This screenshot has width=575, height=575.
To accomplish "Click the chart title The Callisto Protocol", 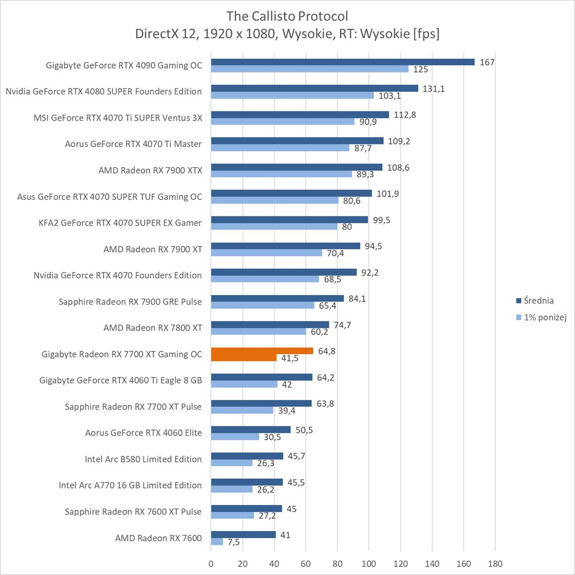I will click(x=287, y=16).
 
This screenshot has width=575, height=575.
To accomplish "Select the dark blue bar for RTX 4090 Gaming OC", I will click(x=342, y=62).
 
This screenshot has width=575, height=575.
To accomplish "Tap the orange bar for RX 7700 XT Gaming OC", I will click(x=262, y=351).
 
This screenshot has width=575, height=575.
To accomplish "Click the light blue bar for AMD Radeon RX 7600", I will click(x=217, y=542).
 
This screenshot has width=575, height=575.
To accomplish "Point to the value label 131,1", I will click(x=433, y=88).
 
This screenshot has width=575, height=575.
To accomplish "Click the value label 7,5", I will click(x=234, y=542).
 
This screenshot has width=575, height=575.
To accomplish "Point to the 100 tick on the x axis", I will click(x=369, y=564).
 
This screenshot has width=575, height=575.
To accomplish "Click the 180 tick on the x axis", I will click(x=495, y=564).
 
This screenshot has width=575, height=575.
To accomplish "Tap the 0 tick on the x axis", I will click(x=211, y=564).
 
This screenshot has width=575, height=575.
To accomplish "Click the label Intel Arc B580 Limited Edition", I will click(x=143, y=459).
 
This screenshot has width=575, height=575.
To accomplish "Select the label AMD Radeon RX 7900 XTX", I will click(x=150, y=170).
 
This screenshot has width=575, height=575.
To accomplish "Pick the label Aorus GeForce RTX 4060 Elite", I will click(x=143, y=433).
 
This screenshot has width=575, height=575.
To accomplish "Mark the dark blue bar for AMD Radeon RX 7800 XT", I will click(x=270, y=325).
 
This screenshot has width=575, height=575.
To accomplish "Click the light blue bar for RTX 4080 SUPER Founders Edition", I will click(x=292, y=95).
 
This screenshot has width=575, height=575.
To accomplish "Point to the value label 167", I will click(x=487, y=62).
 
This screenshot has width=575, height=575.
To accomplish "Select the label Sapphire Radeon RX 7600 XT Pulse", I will click(x=133, y=511).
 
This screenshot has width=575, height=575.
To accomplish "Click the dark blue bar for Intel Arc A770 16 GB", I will click(x=247, y=482).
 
